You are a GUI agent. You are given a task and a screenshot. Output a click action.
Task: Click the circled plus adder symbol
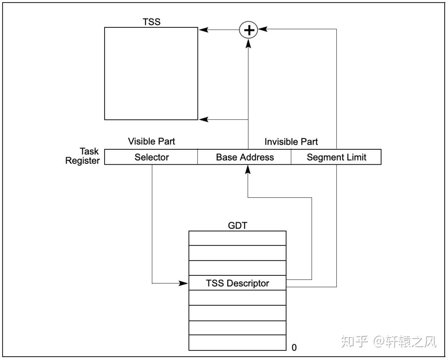click(248, 30)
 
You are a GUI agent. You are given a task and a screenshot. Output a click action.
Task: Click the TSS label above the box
click(151, 22)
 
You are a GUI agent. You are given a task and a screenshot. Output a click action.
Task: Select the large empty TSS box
click(151, 73)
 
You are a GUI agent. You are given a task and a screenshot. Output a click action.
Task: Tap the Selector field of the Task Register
click(151, 157)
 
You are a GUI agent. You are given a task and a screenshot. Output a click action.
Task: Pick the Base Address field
click(245, 157)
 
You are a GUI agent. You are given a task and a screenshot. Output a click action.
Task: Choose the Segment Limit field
click(336, 157)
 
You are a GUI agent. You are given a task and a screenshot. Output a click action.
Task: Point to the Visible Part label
click(151, 141)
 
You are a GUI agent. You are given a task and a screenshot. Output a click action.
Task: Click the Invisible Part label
click(291, 142)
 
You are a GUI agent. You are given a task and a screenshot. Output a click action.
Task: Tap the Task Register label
click(83, 156)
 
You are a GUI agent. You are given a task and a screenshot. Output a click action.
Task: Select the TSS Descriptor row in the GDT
click(237, 283)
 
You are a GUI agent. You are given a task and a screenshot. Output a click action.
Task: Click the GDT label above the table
click(237, 225)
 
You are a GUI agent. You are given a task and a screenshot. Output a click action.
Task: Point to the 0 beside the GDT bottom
click(294, 348)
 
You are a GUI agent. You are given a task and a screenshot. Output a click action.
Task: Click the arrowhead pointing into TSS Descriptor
click(184, 283)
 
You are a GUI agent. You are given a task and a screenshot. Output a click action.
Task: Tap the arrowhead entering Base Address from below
click(248, 168)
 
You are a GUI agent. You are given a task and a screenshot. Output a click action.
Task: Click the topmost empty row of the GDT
click(237, 238)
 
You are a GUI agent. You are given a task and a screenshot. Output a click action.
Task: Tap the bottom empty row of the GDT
click(237, 343)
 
